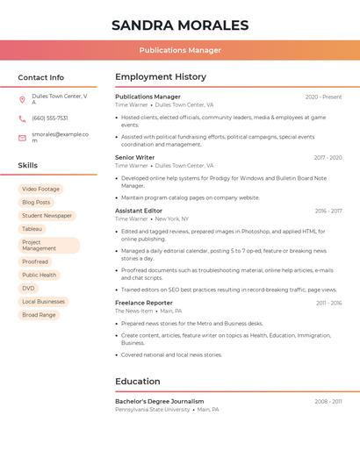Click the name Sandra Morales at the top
(x=180, y=25)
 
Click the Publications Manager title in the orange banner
(x=180, y=51)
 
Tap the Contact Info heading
(x=40, y=77)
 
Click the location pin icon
(x=22, y=99)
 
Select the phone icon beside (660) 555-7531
(x=22, y=118)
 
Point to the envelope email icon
(x=22, y=138)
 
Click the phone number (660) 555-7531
(x=49, y=118)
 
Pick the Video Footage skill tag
(x=40, y=190)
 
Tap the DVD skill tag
(x=28, y=288)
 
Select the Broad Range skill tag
(x=39, y=314)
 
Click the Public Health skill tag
(x=39, y=275)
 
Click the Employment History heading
(x=161, y=77)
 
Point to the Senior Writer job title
(x=134, y=158)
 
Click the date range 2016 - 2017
(x=328, y=211)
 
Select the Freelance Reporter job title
(x=144, y=303)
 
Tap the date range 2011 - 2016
(x=329, y=303)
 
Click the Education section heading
(x=138, y=382)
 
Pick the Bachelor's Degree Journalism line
(x=159, y=401)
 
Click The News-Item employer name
(x=133, y=311)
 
